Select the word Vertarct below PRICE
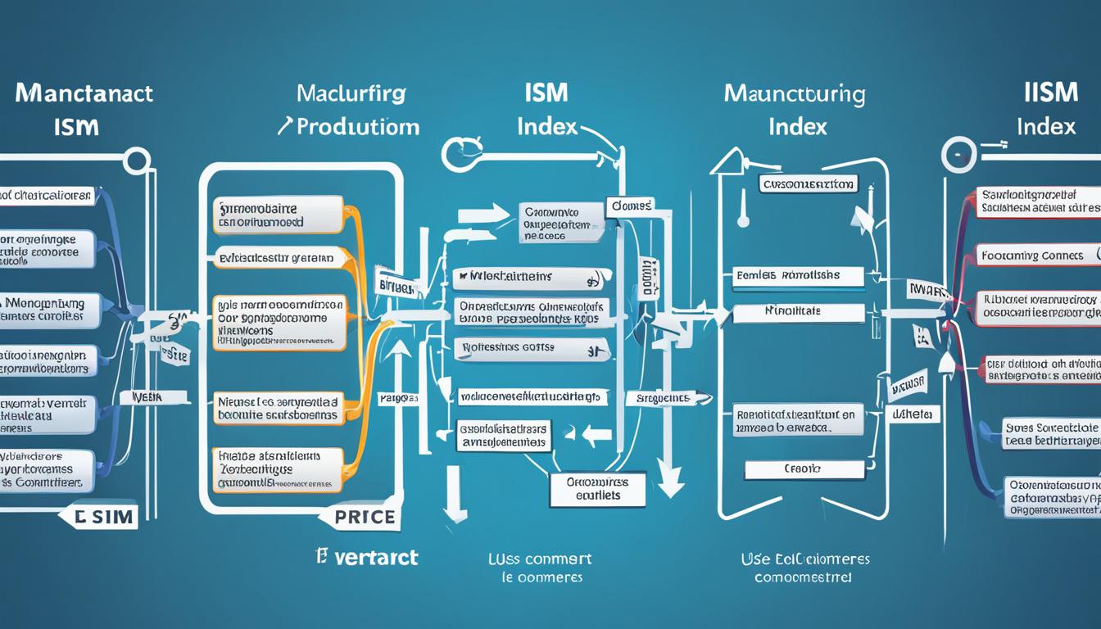[x=366, y=559]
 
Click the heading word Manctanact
[x=84, y=93]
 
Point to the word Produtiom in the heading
[x=358, y=127]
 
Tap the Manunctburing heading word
[x=794, y=94]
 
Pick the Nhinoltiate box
[x=798, y=312]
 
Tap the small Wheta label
[x=913, y=414]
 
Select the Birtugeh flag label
[x=397, y=287]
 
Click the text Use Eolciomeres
[x=805, y=560]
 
